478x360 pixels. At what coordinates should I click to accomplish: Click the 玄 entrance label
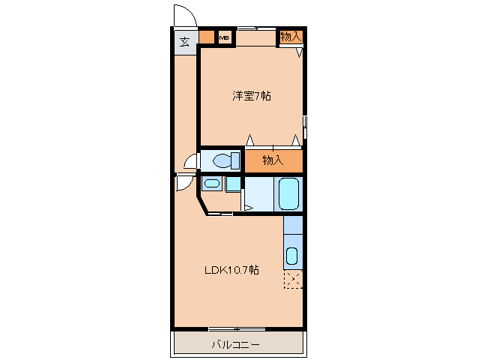184,40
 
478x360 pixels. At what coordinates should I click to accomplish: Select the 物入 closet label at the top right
291,36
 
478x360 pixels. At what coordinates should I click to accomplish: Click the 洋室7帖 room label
250,95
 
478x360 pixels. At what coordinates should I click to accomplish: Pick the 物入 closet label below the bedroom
273,160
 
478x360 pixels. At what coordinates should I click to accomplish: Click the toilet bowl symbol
223,160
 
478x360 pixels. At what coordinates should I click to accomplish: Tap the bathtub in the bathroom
288,194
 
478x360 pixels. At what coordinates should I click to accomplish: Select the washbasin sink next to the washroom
212,184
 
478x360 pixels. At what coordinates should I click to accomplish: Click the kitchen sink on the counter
292,256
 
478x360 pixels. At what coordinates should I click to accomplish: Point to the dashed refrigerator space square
293,280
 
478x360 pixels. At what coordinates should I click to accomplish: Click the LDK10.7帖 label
232,270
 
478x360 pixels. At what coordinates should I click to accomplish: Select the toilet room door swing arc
191,160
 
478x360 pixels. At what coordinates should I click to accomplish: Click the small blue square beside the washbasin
234,183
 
